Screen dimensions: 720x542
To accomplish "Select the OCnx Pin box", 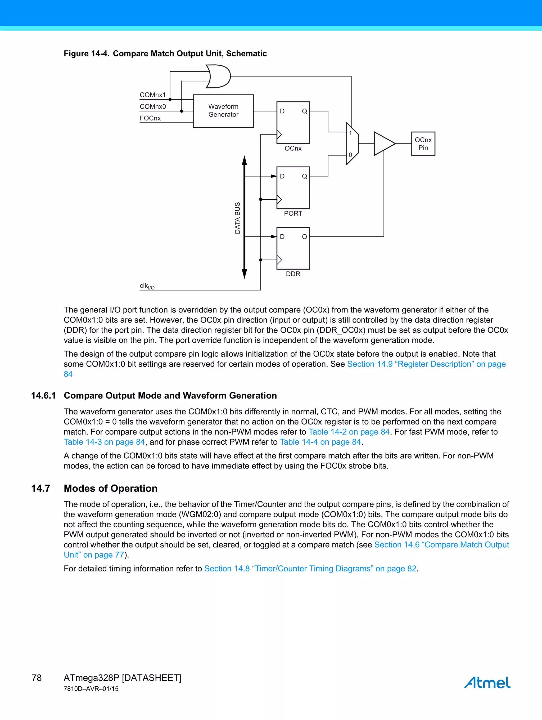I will click(x=423, y=144).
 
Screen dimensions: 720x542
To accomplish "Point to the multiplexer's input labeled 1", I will click(x=350, y=133).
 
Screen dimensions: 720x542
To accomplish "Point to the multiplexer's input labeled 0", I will click(x=350, y=155).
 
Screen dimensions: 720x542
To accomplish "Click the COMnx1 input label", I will click(x=153, y=95).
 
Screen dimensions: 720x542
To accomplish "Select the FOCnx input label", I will click(x=150, y=118).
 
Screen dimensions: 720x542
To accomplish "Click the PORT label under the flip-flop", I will click(x=293, y=213).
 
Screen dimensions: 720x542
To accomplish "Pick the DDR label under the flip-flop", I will click(x=293, y=274).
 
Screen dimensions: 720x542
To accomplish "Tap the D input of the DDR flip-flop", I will click(x=282, y=237).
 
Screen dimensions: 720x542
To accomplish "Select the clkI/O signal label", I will click(x=147, y=286).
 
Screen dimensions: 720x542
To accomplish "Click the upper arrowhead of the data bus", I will click(x=244, y=160).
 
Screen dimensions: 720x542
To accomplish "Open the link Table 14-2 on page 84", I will click(x=349, y=432).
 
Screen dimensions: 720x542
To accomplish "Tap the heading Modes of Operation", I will click(x=110, y=488).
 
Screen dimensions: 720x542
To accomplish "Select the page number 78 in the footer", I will click(x=37, y=678).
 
